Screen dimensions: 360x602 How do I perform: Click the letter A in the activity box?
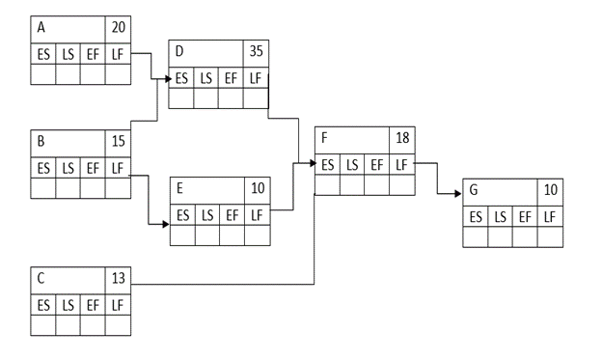[41, 29]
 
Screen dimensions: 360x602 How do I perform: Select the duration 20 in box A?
[118, 29]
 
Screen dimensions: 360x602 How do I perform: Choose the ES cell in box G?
[477, 217]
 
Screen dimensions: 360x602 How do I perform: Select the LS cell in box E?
[206, 214]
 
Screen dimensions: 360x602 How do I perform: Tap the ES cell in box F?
[328, 164]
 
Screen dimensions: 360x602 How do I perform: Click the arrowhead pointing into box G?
[457, 193]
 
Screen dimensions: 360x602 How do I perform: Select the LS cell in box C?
[68, 304]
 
